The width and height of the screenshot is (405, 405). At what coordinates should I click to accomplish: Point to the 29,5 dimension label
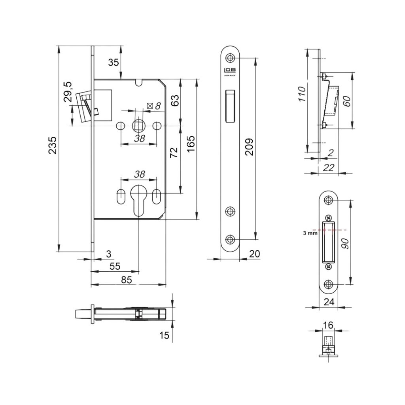pyautogui.click(x=68, y=92)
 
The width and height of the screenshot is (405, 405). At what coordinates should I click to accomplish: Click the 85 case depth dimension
pyautogui.click(x=126, y=280)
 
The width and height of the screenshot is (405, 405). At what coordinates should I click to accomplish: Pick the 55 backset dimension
pyautogui.click(x=114, y=266)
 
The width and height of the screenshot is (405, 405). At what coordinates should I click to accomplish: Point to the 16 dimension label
pyautogui.click(x=328, y=325)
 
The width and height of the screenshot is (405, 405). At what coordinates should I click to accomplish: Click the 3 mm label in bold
pyautogui.click(x=310, y=234)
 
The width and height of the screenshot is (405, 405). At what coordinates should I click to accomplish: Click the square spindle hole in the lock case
pyautogui.click(x=139, y=126)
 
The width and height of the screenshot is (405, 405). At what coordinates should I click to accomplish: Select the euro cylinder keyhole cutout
pyautogui.click(x=138, y=199)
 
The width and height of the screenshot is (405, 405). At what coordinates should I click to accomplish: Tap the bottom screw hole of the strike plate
pyautogui.click(x=328, y=284)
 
